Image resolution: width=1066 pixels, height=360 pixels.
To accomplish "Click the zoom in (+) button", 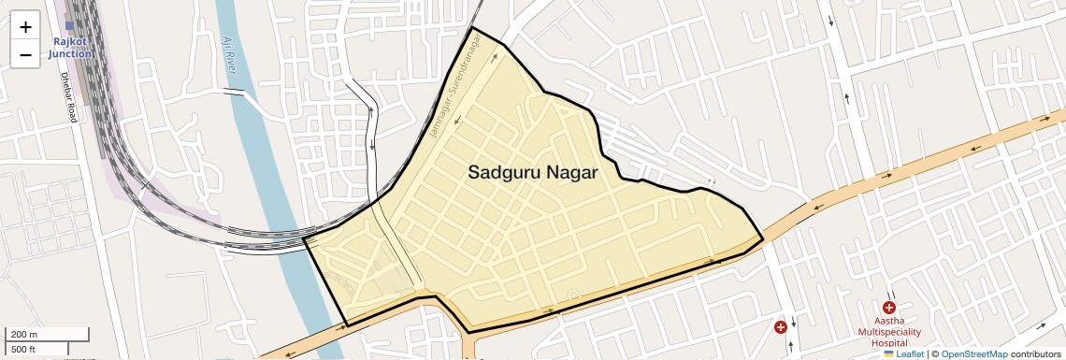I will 25,27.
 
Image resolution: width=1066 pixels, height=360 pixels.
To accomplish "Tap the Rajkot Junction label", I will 72,48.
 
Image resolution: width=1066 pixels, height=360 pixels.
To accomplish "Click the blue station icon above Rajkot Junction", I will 69,26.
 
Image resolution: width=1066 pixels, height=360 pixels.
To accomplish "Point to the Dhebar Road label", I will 67,97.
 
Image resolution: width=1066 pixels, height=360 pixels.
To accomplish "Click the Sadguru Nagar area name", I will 532,172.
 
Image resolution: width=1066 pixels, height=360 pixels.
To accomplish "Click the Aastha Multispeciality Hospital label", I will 890,332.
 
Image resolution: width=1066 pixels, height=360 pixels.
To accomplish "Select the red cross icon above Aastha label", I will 888,308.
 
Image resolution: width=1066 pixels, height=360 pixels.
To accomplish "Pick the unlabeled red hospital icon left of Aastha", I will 780,326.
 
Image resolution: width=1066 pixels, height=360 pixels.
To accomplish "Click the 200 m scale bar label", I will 24,334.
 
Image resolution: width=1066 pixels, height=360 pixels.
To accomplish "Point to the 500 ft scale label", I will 24,349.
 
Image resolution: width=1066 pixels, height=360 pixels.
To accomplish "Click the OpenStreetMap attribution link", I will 973,353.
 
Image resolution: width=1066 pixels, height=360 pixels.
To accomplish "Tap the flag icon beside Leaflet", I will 888,353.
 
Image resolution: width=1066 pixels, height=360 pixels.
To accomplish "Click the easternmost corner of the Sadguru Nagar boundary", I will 764,239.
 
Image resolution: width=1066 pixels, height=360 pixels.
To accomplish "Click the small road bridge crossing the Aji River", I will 234,92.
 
